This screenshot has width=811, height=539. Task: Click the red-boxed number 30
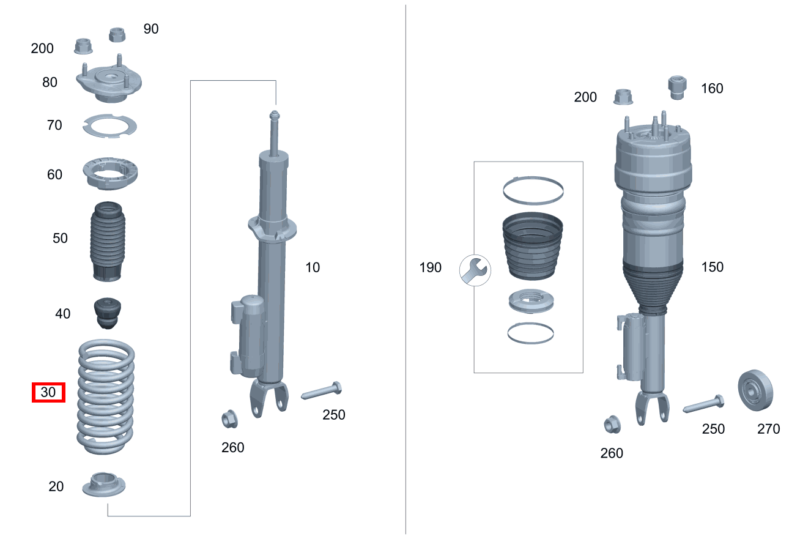click(48, 392)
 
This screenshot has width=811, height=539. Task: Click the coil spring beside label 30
click(106, 397)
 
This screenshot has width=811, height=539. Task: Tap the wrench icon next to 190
click(475, 270)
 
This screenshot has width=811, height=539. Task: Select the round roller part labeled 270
click(755, 390)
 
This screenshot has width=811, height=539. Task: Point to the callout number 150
click(712, 267)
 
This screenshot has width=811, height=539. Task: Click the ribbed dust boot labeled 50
click(108, 242)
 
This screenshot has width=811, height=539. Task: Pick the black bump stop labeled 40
click(108, 313)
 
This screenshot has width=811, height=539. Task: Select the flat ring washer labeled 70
click(109, 126)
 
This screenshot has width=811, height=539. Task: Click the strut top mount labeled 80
click(109, 81)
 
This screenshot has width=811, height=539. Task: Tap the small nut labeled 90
click(117, 35)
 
